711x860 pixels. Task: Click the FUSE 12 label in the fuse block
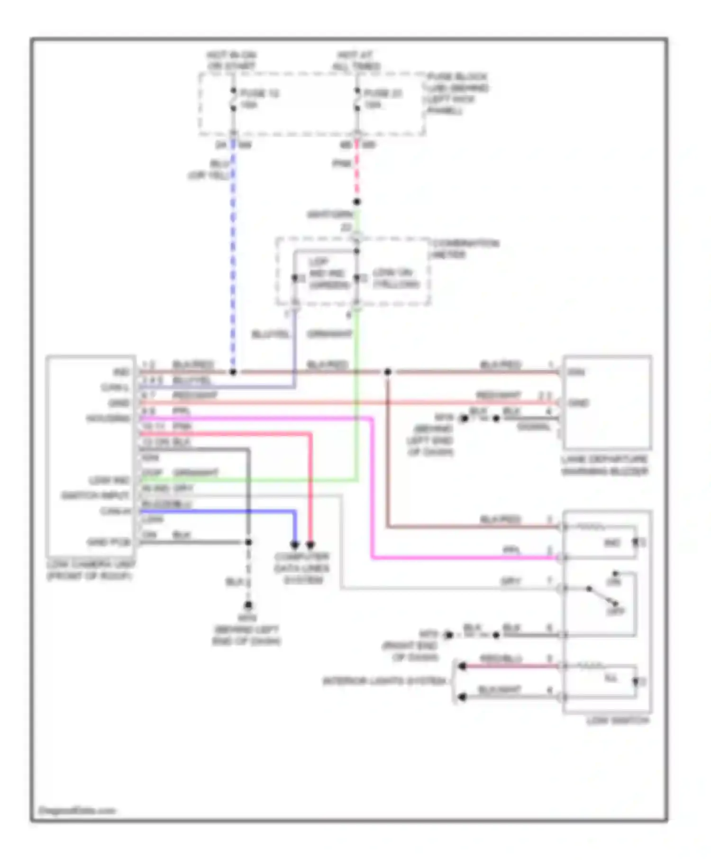pos(259,93)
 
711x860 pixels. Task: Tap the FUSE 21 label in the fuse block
pos(383,93)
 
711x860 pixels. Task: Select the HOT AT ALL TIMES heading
pos(356,61)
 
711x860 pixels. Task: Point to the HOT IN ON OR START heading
pos(231,61)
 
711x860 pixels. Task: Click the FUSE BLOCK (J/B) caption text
pos(457,93)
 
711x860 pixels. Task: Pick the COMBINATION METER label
pos(465,248)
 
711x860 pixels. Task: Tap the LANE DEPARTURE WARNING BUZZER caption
pos(604,465)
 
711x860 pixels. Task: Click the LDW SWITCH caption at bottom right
pos(618,721)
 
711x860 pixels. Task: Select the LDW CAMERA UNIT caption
pos(91,570)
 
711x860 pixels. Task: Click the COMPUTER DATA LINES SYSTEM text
pos(302,568)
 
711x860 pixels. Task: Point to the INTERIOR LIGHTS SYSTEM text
pos(384,681)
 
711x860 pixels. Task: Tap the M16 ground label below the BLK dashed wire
pos(247,618)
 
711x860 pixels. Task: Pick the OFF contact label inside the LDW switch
pos(616,611)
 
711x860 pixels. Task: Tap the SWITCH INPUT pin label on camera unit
pos(95,495)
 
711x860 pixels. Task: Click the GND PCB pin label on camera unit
pos(109,542)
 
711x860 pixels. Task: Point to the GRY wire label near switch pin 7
pos(510,581)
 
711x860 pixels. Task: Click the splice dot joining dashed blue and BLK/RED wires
pos(233,372)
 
